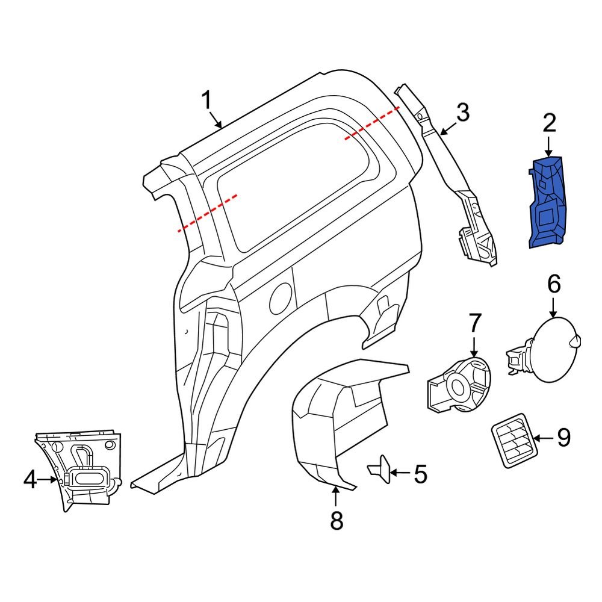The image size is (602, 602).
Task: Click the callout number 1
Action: coord(206,101)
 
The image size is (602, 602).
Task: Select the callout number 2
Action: coord(549,124)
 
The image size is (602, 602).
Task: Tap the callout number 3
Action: coord(462,112)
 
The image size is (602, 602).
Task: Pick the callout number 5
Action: coord(420,474)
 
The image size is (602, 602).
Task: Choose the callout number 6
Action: coord(554,283)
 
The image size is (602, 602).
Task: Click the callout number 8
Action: coord(337,520)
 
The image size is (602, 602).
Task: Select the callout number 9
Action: coord(563,438)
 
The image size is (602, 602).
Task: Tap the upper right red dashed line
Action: coord(371,123)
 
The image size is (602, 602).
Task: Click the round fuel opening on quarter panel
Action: coord(281,295)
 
